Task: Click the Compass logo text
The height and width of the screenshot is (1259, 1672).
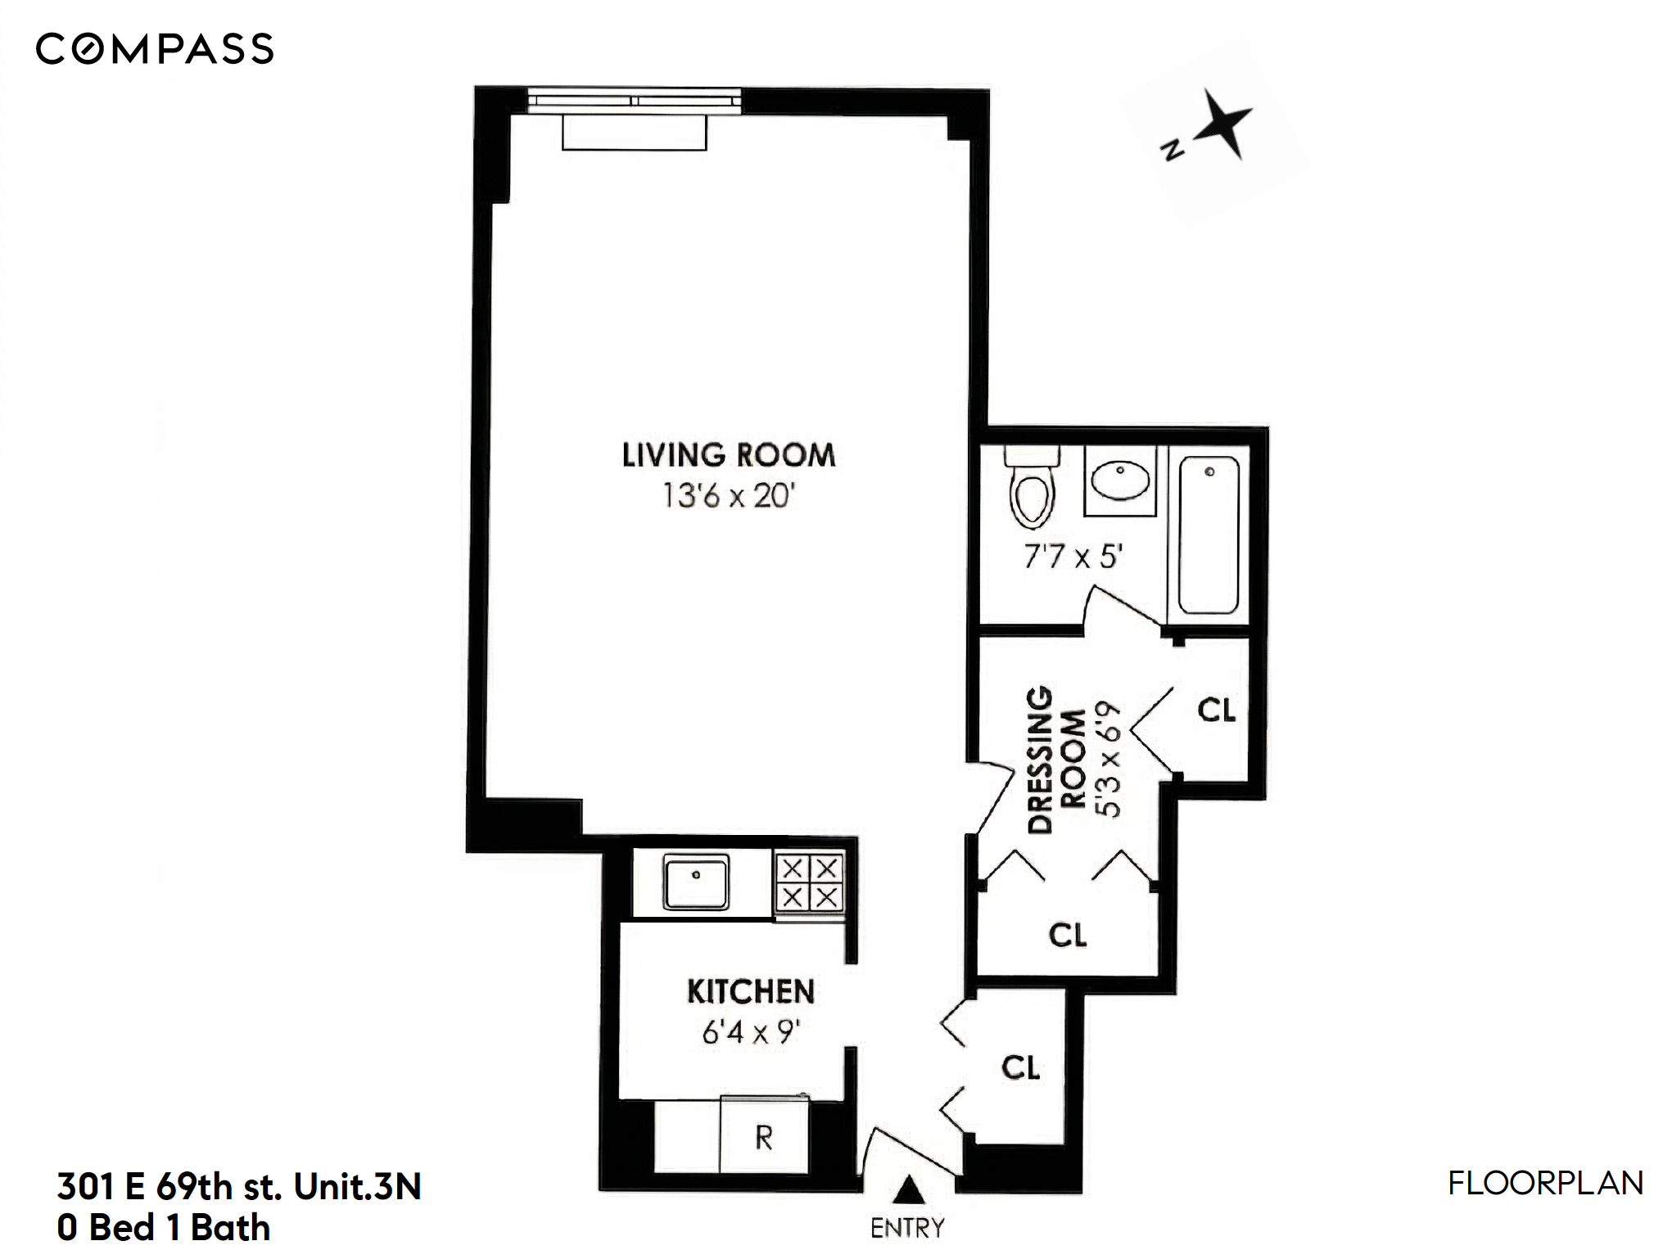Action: click(155, 49)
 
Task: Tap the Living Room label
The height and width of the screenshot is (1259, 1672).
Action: click(728, 455)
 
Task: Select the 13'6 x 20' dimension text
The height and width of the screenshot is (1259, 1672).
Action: click(728, 496)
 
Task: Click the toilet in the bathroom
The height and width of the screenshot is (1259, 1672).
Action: click(1032, 489)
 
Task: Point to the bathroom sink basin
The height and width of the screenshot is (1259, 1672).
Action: click(1119, 481)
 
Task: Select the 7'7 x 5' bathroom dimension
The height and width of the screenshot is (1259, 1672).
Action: click(1072, 557)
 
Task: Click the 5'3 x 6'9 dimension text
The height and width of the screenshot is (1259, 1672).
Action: click(1108, 759)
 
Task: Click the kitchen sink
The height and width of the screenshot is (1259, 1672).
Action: click(696, 882)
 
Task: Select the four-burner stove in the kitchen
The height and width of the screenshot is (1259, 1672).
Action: click(810, 882)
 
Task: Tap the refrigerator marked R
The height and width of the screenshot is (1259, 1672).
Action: click(763, 1137)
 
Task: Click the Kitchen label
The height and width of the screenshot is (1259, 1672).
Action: click(750, 991)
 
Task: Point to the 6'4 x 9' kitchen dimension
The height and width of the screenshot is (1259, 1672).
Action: click(750, 1033)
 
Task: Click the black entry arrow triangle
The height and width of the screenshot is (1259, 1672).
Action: click(907, 1191)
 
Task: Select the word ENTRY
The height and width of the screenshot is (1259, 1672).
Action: click(907, 1228)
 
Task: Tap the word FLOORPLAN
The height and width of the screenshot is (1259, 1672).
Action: click(1545, 1184)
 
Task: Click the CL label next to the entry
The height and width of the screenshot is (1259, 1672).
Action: click(1020, 1067)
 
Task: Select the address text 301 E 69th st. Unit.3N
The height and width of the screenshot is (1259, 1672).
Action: click(239, 1186)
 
